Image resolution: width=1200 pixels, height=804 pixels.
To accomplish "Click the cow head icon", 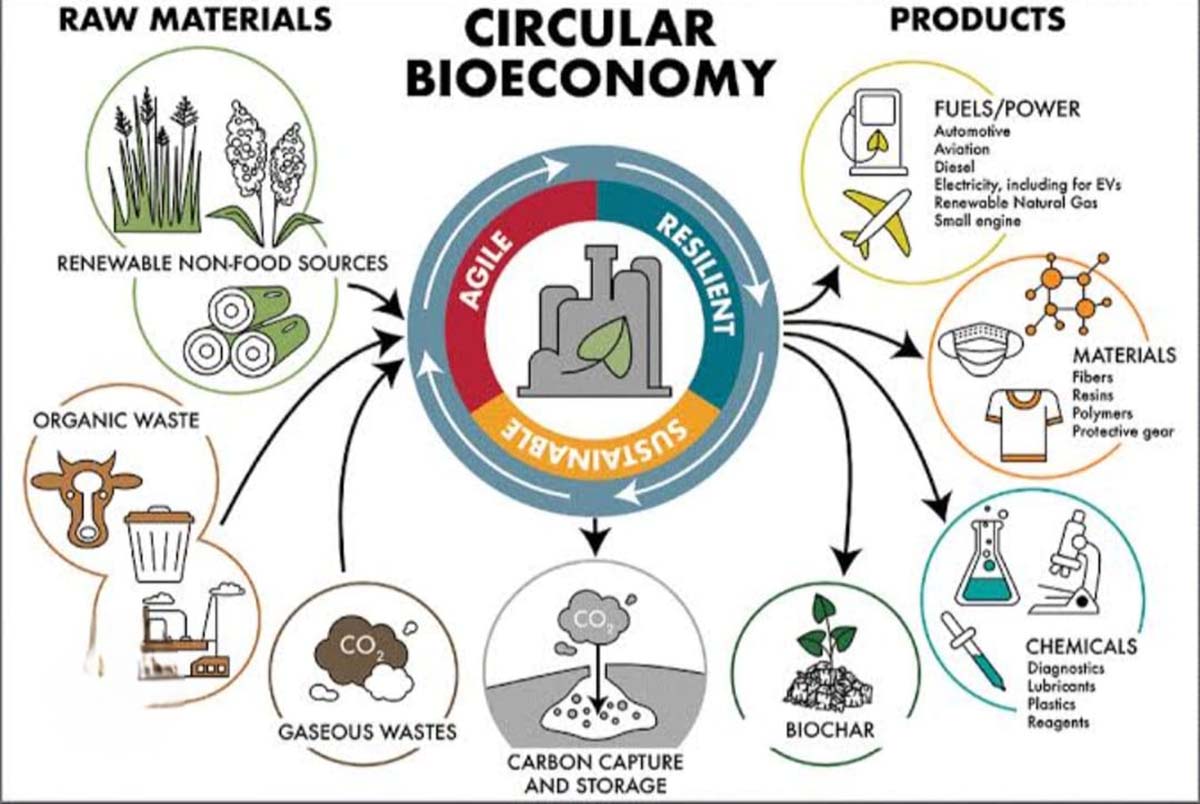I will pos(86,494).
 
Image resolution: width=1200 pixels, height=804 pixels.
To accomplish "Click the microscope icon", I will pos(1071,564).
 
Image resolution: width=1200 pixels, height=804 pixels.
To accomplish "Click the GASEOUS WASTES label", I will pos(367,732).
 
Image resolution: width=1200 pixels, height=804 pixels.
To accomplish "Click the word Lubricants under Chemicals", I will pos(1061,686).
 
